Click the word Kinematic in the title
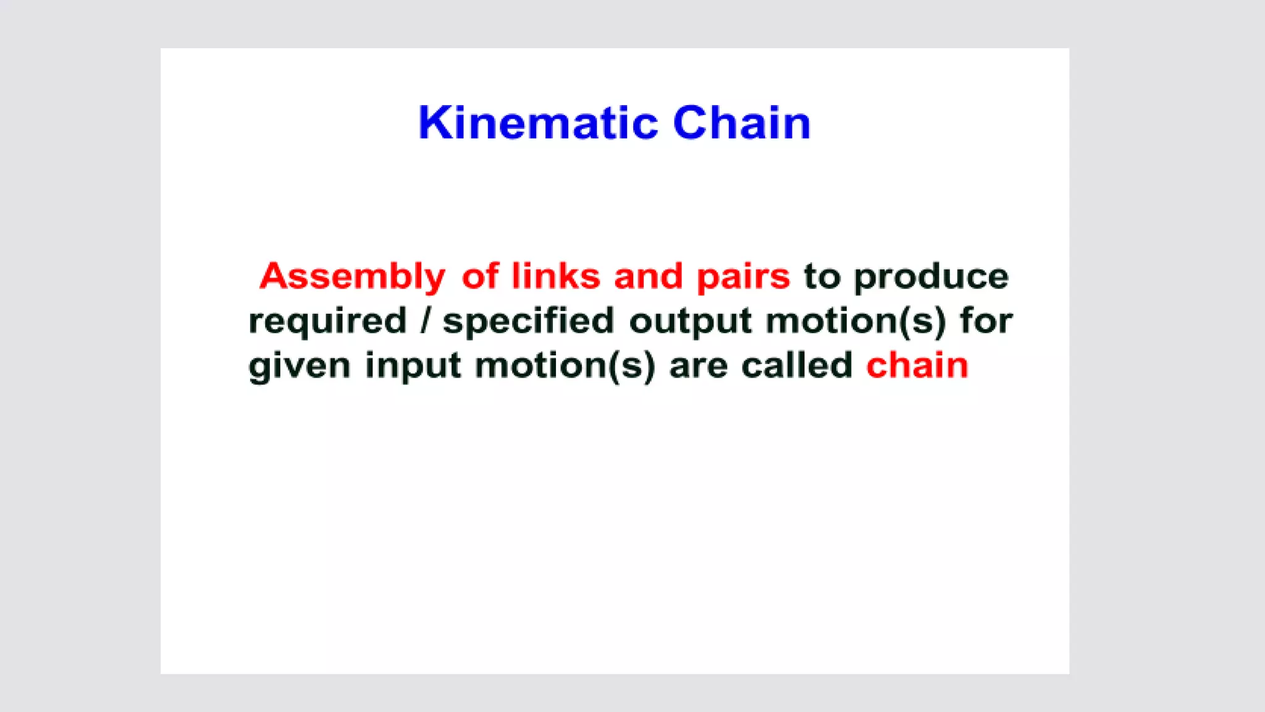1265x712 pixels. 538,123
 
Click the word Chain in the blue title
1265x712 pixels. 741,123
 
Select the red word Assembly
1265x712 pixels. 352,276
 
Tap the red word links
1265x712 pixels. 555,276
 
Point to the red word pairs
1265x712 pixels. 743,277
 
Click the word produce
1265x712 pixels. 931,277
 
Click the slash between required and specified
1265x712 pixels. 424,321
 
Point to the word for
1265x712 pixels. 986,321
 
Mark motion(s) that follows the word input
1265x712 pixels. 565,366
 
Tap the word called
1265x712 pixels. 796,365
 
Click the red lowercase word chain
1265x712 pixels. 917,365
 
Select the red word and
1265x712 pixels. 648,276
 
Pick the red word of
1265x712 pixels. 480,276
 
